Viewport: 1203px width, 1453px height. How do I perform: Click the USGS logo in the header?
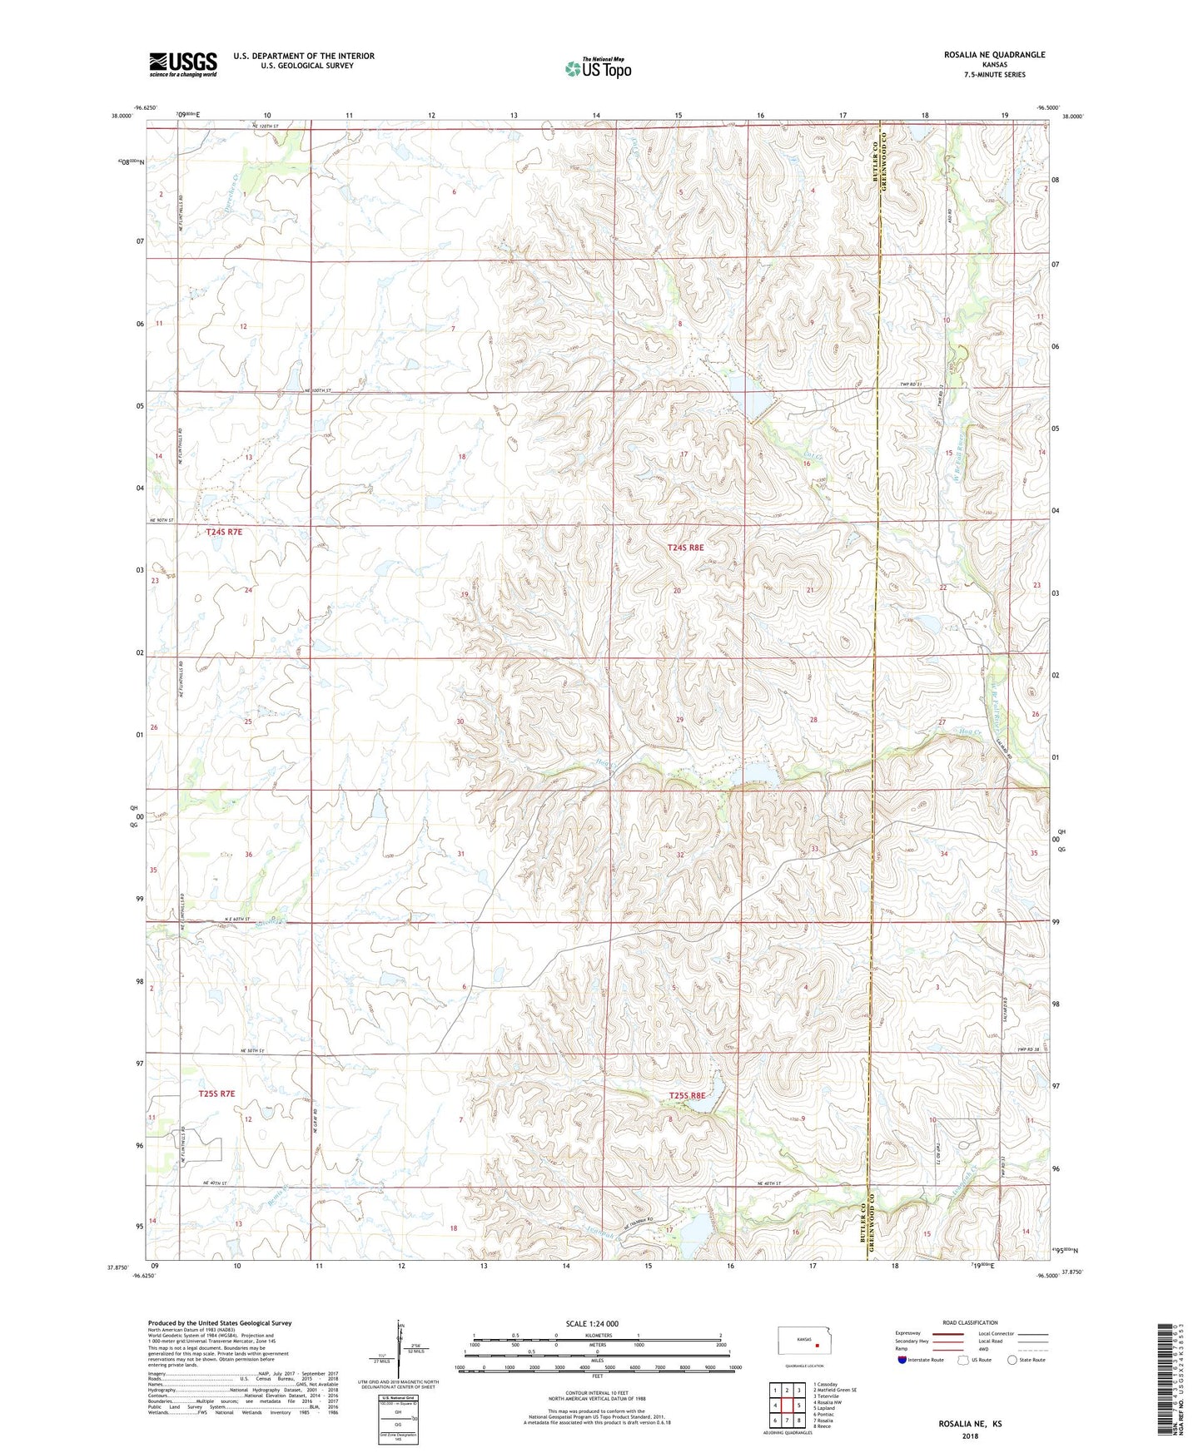click(x=183, y=64)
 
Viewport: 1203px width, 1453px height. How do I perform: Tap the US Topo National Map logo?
click(x=597, y=67)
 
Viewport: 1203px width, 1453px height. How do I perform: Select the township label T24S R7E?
click(x=224, y=531)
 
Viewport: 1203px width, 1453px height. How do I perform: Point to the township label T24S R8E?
click(x=685, y=548)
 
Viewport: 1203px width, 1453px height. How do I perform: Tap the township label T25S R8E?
click(x=687, y=1096)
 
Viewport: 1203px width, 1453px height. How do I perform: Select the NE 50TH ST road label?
click(x=249, y=1051)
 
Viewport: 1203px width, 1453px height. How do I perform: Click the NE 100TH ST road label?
click(x=317, y=390)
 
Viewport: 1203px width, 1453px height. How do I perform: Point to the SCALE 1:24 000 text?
click(x=592, y=1323)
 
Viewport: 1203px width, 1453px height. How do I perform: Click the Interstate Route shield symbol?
click(x=902, y=1360)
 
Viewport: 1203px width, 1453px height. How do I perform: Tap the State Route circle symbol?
click(x=1012, y=1360)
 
